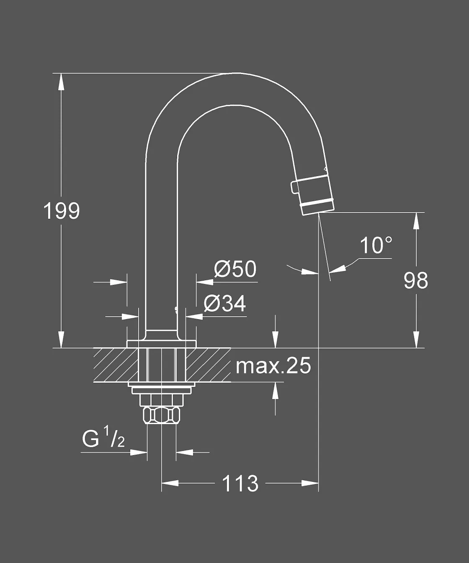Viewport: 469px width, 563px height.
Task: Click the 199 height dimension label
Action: pos(62,211)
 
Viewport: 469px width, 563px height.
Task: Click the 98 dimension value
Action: pos(415,281)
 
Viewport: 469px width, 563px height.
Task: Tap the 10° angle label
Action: pos(376,246)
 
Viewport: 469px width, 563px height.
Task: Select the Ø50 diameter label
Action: pos(235,269)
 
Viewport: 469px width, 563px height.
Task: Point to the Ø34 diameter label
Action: pos(225,304)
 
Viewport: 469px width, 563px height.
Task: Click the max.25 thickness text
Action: pos(273,366)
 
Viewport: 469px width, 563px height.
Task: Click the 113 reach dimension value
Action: pos(240,484)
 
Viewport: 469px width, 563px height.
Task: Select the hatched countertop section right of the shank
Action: pos(208,365)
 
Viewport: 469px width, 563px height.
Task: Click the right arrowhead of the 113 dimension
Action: pos(310,483)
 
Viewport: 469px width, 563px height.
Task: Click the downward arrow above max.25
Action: pos(275,340)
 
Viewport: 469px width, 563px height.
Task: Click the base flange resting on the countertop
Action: pos(162,344)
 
